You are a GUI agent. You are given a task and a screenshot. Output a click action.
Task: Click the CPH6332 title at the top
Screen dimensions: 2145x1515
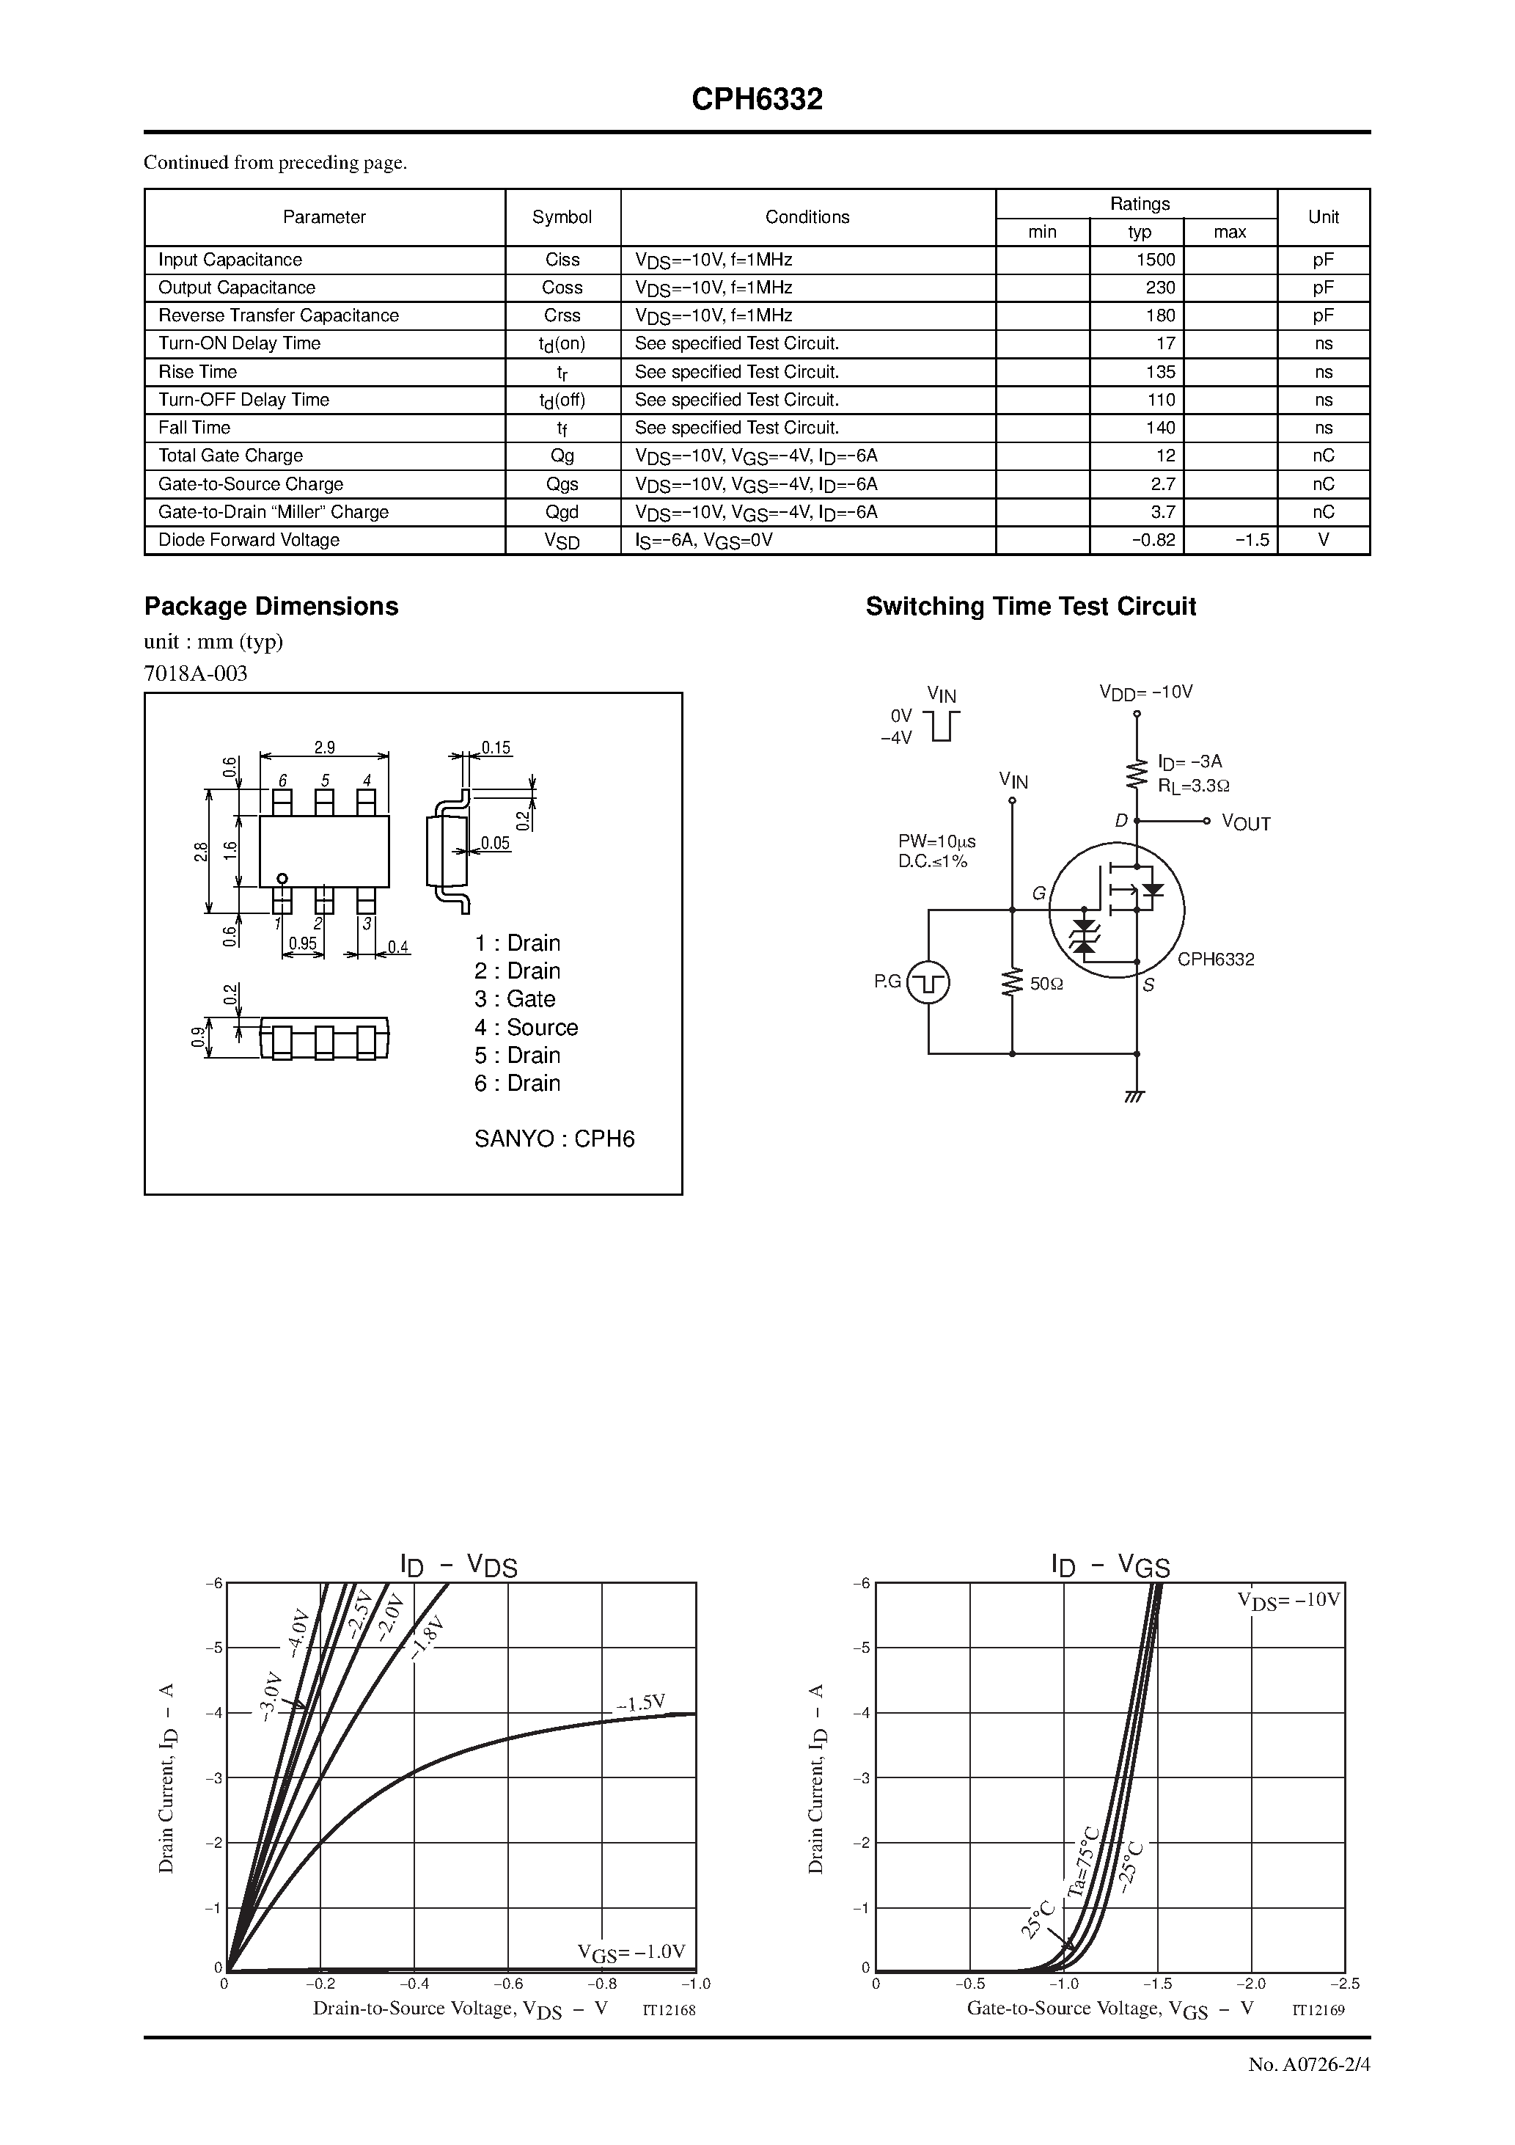(757, 100)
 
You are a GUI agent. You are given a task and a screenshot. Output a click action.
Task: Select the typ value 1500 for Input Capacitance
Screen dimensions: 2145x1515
(1156, 260)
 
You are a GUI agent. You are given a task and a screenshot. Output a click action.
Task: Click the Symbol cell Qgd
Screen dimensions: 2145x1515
(562, 512)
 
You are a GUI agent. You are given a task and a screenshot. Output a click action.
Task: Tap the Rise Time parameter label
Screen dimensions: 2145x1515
(197, 372)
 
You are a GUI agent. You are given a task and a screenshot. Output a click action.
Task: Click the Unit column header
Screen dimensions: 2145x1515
(1323, 216)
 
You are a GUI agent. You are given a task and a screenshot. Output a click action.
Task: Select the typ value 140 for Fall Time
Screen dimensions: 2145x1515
(1160, 428)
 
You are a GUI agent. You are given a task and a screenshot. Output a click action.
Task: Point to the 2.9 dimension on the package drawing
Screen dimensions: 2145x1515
(324, 748)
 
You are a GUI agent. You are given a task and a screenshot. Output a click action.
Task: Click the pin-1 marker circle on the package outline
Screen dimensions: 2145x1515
(282, 878)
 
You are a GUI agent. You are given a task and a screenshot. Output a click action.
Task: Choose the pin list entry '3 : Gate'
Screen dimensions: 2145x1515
(515, 998)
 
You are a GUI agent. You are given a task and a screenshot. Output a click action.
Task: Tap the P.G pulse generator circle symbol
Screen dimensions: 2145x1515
(928, 982)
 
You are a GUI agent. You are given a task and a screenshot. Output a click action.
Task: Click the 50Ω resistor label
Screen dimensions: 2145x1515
(1046, 984)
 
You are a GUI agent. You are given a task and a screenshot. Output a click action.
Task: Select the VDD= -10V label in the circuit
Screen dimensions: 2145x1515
(1145, 693)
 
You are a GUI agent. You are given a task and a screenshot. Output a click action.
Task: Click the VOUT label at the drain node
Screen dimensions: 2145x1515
(1245, 823)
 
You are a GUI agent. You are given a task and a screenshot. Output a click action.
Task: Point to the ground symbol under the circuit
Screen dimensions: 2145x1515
(1136, 1095)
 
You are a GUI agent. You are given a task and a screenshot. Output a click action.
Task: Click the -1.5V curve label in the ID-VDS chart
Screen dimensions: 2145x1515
(641, 1703)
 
